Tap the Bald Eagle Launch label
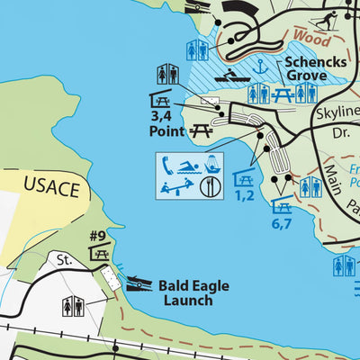pyautogui.click(x=193, y=292)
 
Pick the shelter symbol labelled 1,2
pyautogui.click(x=242, y=177)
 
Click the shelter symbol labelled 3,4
pyautogui.click(x=161, y=100)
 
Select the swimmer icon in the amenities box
pyautogui.click(x=190, y=166)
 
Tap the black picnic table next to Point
pyautogui.click(x=201, y=131)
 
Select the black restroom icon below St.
pyautogui.click(x=71, y=307)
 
